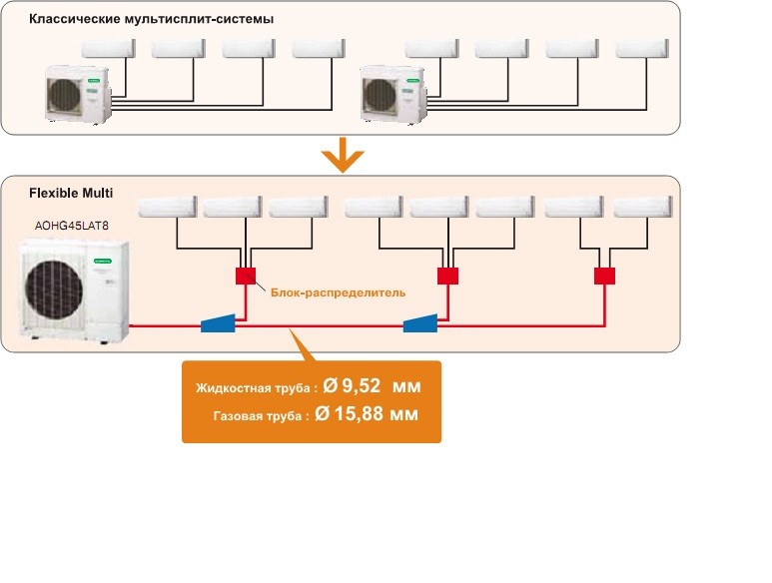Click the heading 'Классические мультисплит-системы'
point(151,19)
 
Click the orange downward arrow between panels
point(342,155)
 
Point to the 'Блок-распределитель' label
point(338,292)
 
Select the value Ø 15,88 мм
point(366,414)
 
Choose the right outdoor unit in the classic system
point(392,94)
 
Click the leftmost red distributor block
point(246,277)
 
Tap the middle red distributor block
point(447,277)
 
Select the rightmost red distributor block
point(604,277)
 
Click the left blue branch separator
point(218,323)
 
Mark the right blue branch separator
point(419,323)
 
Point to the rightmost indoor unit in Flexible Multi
point(640,207)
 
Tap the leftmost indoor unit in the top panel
point(108,49)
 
